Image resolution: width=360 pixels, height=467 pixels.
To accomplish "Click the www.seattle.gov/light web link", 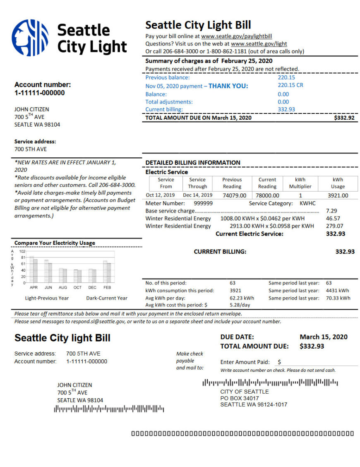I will point(259,44).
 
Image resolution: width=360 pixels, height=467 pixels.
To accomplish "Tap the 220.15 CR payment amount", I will point(290,85).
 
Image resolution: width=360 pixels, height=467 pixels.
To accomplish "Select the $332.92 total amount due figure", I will point(344,118).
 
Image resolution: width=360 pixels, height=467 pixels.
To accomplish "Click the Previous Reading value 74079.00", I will point(234,195).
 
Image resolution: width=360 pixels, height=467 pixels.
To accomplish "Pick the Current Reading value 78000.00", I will point(267,195).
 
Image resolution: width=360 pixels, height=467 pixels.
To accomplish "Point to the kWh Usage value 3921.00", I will point(338,195).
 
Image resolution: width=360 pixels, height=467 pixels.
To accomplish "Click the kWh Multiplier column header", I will point(300,183).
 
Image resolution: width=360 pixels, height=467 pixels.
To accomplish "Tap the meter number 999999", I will point(203,203).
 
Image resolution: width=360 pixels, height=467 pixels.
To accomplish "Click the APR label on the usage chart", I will point(34,287).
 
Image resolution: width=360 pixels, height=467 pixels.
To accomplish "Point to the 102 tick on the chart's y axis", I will point(22,251).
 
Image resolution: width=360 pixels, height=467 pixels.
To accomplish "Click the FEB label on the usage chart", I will point(107,287).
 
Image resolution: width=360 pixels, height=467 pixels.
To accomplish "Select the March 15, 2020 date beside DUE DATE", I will point(324,337).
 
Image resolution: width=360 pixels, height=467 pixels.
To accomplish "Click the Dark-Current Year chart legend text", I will point(107,298).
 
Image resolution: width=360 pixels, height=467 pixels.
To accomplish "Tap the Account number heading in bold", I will point(43,85).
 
